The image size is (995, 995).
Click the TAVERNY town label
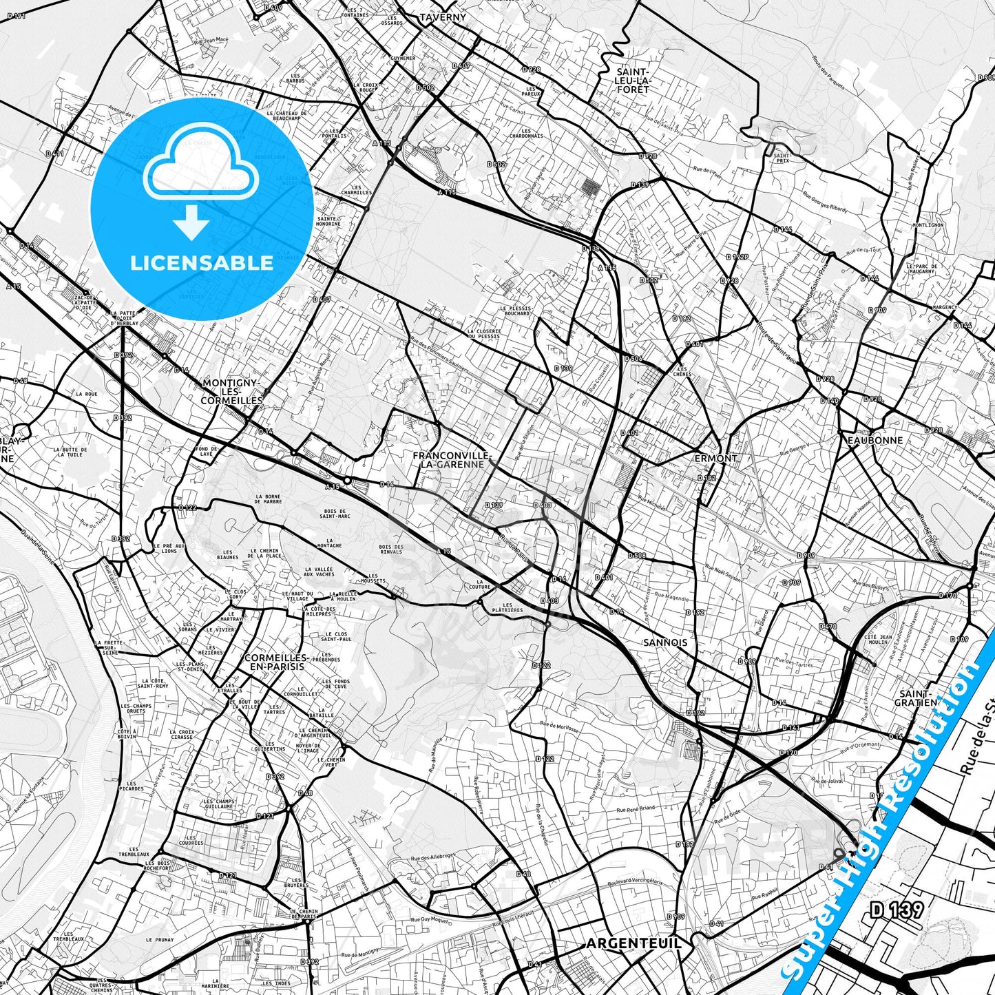(x=443, y=17)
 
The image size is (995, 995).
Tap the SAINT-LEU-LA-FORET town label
(x=633, y=81)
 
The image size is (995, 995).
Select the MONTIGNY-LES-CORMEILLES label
(x=231, y=391)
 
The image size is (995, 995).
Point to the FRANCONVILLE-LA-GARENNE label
(x=452, y=460)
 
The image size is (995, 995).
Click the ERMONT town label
(x=716, y=458)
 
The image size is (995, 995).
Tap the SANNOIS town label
(x=665, y=642)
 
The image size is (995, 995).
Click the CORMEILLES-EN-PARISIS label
(x=274, y=662)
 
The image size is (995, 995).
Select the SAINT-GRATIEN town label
(x=916, y=698)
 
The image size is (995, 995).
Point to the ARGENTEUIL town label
(x=633, y=943)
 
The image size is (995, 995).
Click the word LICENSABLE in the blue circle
(x=202, y=263)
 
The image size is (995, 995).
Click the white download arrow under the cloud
(x=191, y=222)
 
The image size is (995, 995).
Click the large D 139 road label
(x=897, y=910)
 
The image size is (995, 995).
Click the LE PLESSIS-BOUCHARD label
(x=515, y=311)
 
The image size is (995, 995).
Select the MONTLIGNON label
(x=927, y=225)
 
